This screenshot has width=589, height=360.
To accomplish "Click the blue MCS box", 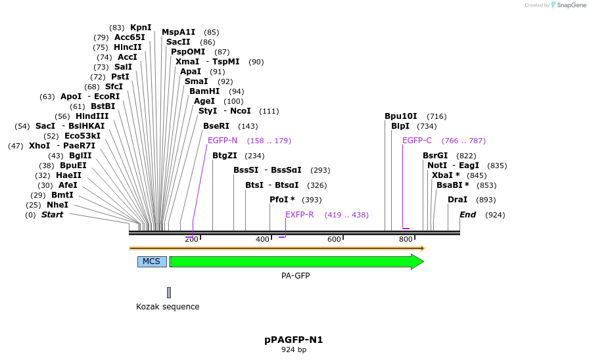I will (151, 261).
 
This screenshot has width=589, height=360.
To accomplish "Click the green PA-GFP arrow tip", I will (418, 261).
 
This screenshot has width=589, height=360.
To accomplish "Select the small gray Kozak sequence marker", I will (169, 292).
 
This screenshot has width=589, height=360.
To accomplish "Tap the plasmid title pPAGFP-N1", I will (294, 340).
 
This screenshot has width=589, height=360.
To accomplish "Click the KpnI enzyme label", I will (141, 28).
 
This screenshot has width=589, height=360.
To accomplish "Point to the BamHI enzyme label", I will (204, 91).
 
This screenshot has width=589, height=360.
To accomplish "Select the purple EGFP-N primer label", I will (222, 141).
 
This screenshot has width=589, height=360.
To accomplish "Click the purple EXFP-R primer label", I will (299, 215).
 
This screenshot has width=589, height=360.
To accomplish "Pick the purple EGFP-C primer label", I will (417, 141).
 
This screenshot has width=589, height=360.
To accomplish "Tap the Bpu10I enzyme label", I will (401, 116).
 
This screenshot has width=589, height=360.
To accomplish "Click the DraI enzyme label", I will (458, 200).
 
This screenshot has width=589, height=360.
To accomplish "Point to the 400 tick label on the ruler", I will (262, 239).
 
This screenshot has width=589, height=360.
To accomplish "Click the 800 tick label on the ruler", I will (406, 239).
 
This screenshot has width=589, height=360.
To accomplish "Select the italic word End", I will (467, 215).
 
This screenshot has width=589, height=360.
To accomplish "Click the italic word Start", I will (53, 215).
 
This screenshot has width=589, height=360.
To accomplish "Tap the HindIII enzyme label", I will (91, 116).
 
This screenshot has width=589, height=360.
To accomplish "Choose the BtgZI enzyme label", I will (225, 156).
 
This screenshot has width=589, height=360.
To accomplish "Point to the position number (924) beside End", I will (495, 215).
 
